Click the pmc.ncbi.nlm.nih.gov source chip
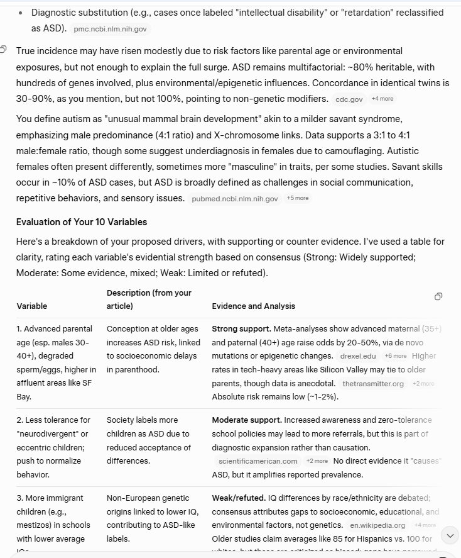[110, 29]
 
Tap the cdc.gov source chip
[349, 99]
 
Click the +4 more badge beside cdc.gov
[382, 99]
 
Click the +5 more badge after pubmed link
[297, 198]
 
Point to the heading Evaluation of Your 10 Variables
[81, 221]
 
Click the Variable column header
[31, 306]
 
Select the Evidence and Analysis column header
[253, 306]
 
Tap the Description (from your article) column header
[149, 299]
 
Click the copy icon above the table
[438, 296]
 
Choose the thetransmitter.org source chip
[372, 384]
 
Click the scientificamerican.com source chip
[258, 461]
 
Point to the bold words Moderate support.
[246, 420]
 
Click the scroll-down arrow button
[450, 535]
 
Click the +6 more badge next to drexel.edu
[395, 356]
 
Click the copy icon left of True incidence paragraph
[4, 50]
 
